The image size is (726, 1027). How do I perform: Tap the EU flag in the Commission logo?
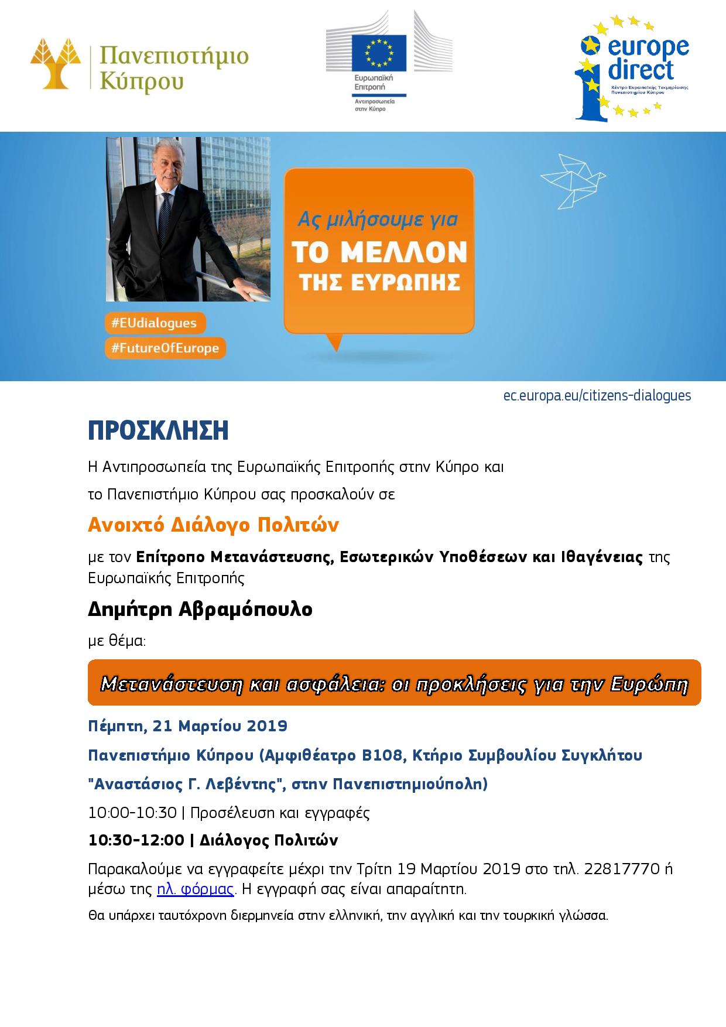coord(378,53)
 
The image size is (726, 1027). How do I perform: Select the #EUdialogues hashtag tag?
coord(155,323)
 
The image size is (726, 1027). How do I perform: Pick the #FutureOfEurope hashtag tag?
coord(166,348)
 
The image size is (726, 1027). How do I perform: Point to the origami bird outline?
coord(573,179)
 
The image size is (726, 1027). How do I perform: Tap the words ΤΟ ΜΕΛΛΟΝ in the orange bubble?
coord(379,252)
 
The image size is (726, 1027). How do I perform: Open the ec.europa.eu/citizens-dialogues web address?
coord(597,396)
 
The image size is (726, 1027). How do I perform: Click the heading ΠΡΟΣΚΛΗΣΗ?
coord(158,431)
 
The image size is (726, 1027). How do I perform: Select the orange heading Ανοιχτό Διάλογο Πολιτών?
coord(213,525)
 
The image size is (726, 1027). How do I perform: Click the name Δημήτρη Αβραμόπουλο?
coord(200,609)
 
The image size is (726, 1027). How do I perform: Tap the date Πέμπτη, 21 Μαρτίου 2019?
coord(187,726)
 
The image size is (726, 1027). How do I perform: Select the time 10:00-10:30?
coord(132,813)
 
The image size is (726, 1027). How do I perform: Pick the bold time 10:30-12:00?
coord(136,840)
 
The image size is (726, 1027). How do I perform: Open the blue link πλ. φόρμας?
coord(196,889)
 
